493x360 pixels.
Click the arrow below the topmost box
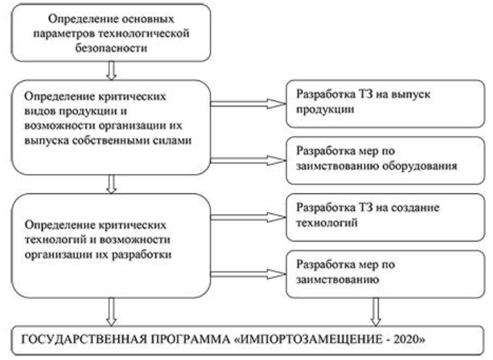(112, 69)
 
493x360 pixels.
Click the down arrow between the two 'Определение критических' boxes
(112, 183)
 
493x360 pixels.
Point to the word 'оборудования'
(422, 167)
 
